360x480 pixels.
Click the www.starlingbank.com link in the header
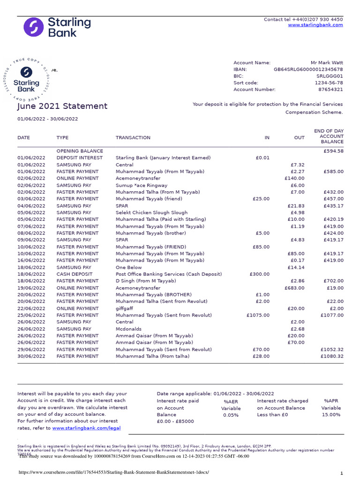click(x=315, y=25)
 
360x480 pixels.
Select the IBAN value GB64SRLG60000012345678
click(x=308, y=69)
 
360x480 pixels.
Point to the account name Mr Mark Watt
click(x=327, y=62)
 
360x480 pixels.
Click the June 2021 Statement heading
click(x=62, y=106)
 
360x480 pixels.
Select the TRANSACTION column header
click(x=133, y=138)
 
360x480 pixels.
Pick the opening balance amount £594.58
click(x=333, y=151)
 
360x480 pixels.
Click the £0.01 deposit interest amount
click(x=262, y=158)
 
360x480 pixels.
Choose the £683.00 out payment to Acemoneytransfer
click(x=294, y=288)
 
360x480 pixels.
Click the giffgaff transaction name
click(x=124, y=308)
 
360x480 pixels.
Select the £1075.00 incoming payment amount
click(x=258, y=315)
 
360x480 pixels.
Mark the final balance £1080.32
click(x=332, y=356)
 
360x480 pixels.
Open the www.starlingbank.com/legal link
click(x=86, y=428)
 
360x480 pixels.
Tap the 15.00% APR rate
click(x=331, y=415)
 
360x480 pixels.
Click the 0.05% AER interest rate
click(x=231, y=415)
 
